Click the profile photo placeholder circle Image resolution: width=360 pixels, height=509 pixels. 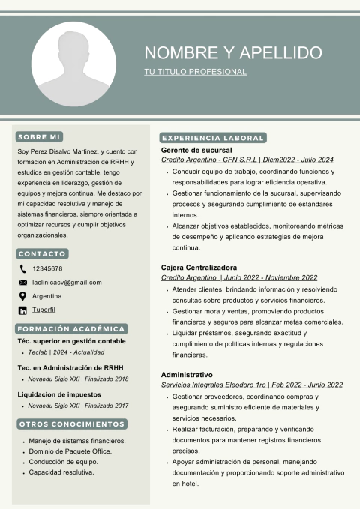73,64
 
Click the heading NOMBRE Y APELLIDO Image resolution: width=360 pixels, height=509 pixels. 233,53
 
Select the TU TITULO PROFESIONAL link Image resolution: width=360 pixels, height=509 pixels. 195,72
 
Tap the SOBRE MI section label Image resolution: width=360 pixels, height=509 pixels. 39,137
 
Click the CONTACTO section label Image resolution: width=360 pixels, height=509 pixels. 42,253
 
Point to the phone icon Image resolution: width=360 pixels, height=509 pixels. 22,268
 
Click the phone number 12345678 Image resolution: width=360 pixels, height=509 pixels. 47,268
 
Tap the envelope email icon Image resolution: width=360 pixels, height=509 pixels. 22,282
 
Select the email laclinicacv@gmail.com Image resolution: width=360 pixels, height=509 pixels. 67,282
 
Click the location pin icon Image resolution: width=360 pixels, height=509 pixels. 22,295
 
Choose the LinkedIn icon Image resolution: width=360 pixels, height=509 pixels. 22,310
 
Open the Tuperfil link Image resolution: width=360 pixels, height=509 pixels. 43,310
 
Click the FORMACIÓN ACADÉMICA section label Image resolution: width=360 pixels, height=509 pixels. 71,328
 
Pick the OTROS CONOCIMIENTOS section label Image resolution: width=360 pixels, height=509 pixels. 71,424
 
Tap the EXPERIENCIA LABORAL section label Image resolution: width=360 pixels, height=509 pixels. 213,138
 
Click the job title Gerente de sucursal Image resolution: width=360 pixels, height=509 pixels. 196,150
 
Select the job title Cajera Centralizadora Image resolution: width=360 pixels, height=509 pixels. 199,268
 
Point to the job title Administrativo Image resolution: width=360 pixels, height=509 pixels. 187,374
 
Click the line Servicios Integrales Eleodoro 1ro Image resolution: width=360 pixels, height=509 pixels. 251,385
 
